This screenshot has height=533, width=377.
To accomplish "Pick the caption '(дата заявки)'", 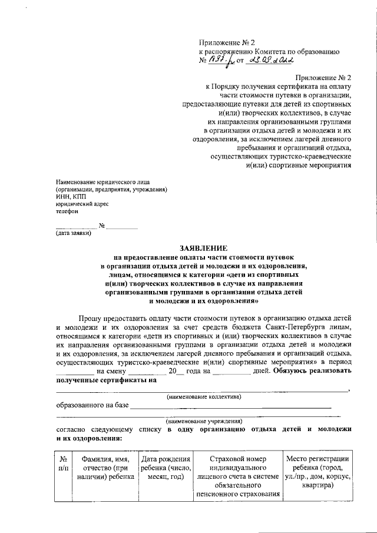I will click(74, 233).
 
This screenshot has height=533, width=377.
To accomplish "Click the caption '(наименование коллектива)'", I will click(204, 396).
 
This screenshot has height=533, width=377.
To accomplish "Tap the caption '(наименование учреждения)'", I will click(204, 421).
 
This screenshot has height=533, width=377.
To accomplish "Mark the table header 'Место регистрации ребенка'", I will click(318, 464).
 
